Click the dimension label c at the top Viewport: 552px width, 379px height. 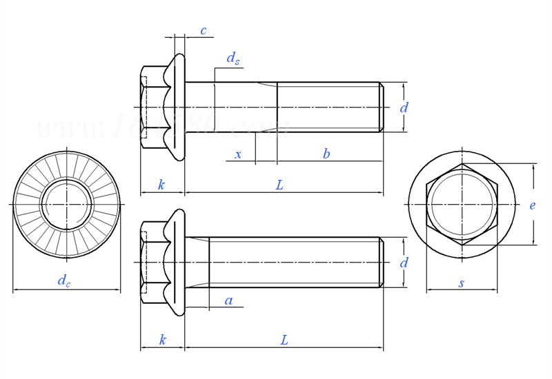pos(204,30)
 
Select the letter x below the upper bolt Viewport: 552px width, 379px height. pos(238,154)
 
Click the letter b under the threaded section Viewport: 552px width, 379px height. pos(326,154)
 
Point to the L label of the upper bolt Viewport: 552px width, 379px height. pos(279,185)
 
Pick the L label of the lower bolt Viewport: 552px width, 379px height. pos(284,340)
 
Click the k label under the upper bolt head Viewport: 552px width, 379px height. pos(161,185)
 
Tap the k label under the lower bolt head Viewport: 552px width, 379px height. pos(162,340)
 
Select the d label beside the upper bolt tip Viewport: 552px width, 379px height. pos(404,107)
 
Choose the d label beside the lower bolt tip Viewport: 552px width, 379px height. pos(404,263)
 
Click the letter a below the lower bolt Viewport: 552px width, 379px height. pos(229,300)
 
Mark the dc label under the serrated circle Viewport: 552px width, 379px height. pos(63,280)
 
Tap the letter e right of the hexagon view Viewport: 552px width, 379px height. pos(533,205)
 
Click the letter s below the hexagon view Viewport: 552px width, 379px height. pos(462,283)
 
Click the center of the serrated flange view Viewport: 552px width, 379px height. pos(66,204)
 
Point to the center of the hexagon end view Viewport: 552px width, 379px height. pos(462,204)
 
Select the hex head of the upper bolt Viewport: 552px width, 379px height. pos(153,107)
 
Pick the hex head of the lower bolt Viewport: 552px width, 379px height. pos(153,263)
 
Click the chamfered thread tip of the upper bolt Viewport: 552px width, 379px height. pos(381,107)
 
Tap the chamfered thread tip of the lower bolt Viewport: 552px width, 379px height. pos(381,263)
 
